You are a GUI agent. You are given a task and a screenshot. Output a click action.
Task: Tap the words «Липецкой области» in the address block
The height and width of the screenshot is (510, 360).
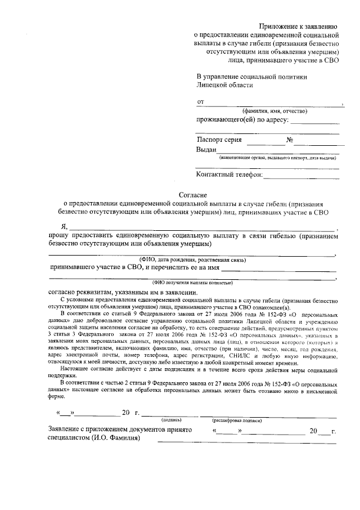(224, 85)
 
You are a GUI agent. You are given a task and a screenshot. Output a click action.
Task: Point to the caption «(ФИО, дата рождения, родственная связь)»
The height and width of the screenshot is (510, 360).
(192, 261)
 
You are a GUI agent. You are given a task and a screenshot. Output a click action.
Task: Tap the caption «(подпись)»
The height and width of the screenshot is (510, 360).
(172, 420)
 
